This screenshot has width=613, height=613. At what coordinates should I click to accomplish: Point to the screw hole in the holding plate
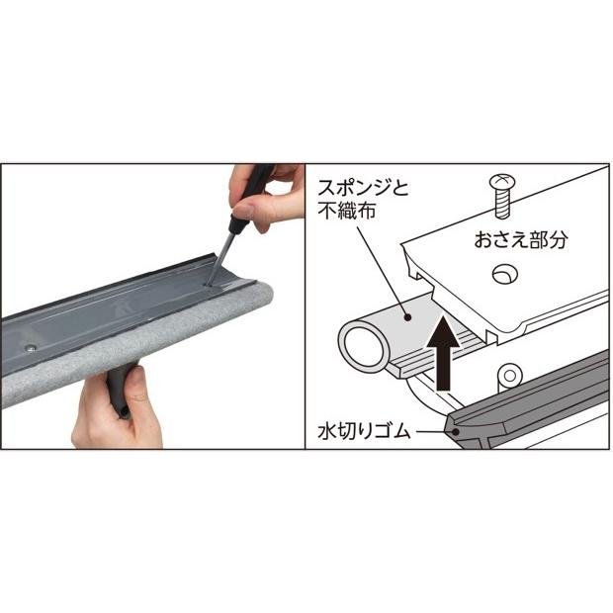pos(505,272)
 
